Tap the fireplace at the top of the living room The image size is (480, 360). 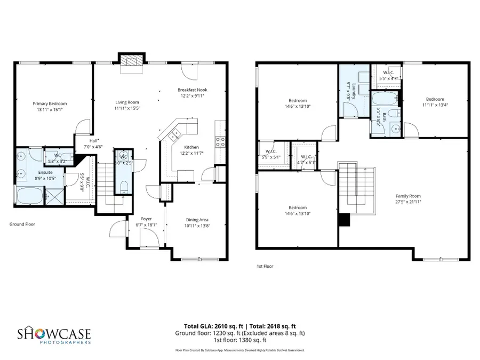(x=131, y=62)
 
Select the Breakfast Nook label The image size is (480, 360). (x=192, y=90)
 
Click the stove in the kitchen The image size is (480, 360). (x=220, y=141)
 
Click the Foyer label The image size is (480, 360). (x=146, y=219)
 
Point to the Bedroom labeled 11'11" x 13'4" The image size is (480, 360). (x=435, y=99)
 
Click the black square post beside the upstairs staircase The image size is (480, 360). (x=345, y=220)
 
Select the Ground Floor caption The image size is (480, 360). (x=22, y=225)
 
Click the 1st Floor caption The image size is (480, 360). (x=265, y=266)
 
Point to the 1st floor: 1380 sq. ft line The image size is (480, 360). (x=240, y=340)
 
